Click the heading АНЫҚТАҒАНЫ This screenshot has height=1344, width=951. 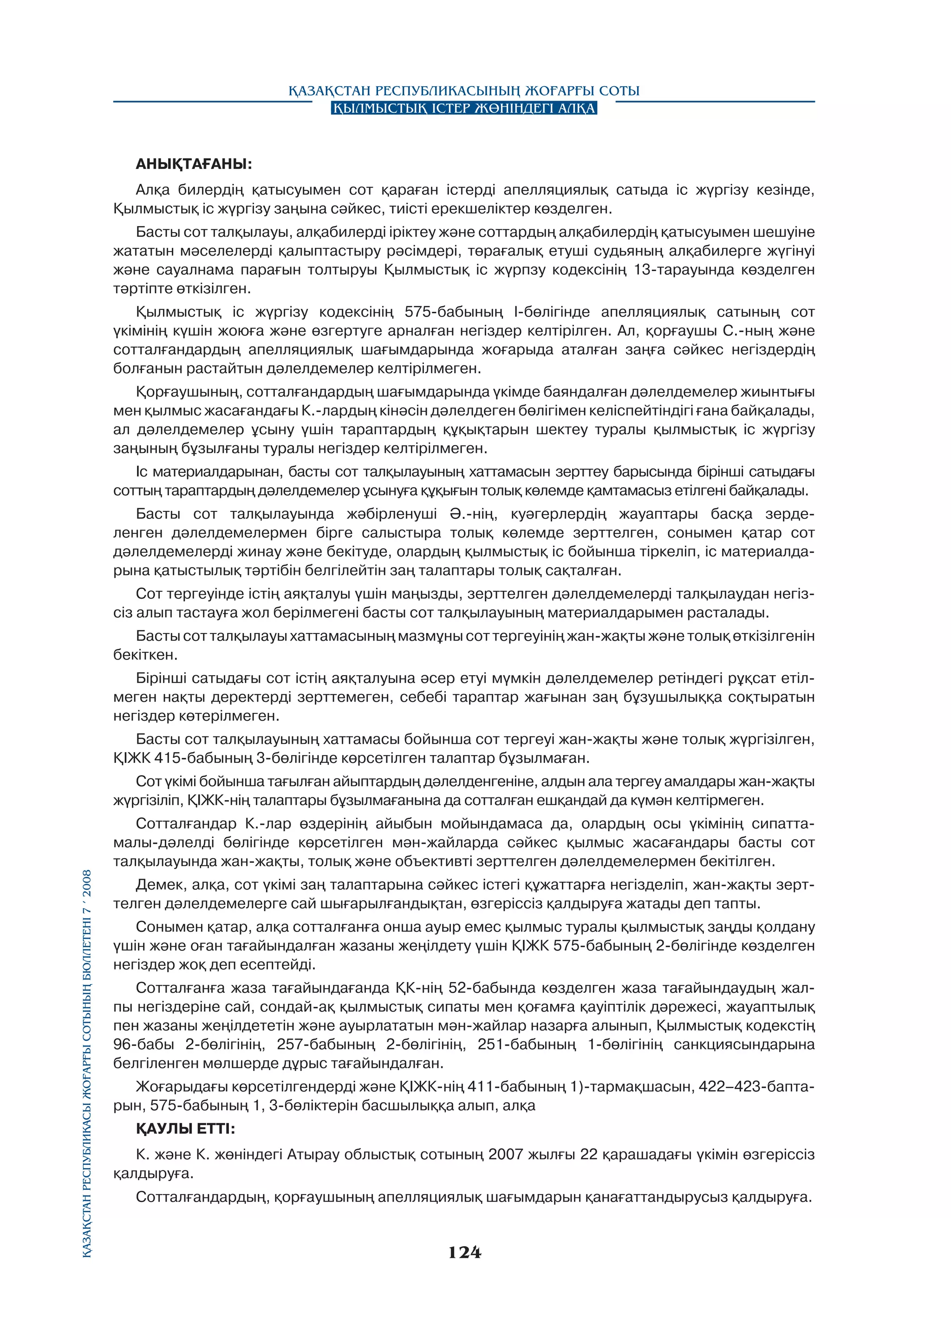pos(194,164)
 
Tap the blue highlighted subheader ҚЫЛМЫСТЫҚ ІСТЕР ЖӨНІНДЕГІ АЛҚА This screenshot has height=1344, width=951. pos(464,108)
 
